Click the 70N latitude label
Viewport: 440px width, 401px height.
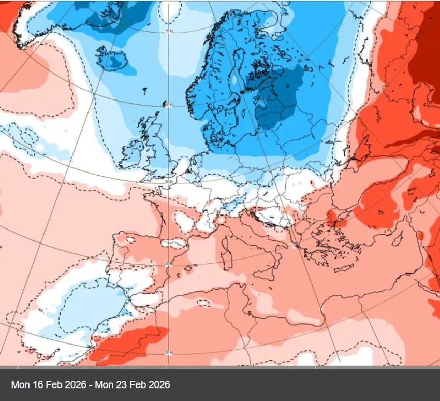[x=168, y=32]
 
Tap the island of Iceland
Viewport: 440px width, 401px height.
[x=113, y=60]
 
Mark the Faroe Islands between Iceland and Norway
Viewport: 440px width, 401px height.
[x=144, y=91]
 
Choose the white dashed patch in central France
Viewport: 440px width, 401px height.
[x=184, y=221]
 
